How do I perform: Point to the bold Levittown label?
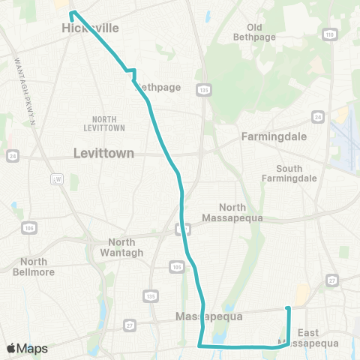point(103,152)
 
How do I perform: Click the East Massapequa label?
point(318,337)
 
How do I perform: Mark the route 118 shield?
point(328,34)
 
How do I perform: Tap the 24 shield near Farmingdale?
point(318,117)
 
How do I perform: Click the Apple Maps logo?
point(27,348)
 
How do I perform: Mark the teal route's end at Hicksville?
point(71,13)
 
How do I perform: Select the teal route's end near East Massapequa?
point(289,307)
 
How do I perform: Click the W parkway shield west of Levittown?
point(57,179)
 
